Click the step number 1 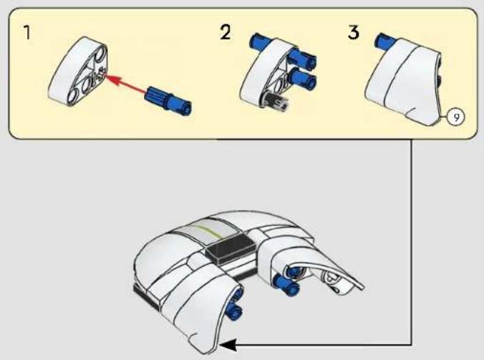(x=27, y=32)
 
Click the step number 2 (x=226, y=32)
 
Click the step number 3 (x=354, y=32)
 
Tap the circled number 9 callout (x=456, y=117)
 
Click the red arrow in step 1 (x=127, y=83)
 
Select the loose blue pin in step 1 (x=168, y=100)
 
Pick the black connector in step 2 (x=276, y=101)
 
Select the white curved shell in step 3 (x=405, y=81)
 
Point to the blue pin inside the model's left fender (x=235, y=308)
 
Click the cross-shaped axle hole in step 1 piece (x=101, y=75)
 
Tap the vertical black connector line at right (x=412, y=242)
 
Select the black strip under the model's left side (x=147, y=297)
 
